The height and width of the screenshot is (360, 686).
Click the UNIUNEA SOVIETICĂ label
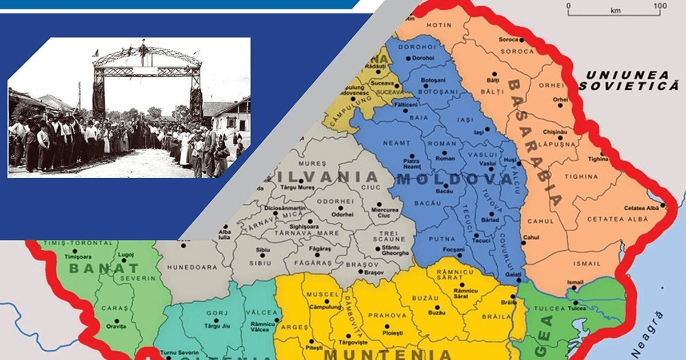pyautogui.click(x=628, y=81)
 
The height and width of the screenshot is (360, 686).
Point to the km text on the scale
pyautogui.click(x=616, y=10)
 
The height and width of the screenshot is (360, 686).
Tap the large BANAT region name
pyautogui.click(x=103, y=267)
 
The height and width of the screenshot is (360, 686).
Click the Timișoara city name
pyautogui.click(x=78, y=257)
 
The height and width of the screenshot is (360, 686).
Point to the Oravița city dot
pyautogui.click(x=117, y=321)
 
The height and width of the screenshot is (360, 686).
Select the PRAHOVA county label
pyautogui.click(x=387, y=315)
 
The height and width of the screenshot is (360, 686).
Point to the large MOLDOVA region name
pyautogui.click(x=454, y=180)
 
